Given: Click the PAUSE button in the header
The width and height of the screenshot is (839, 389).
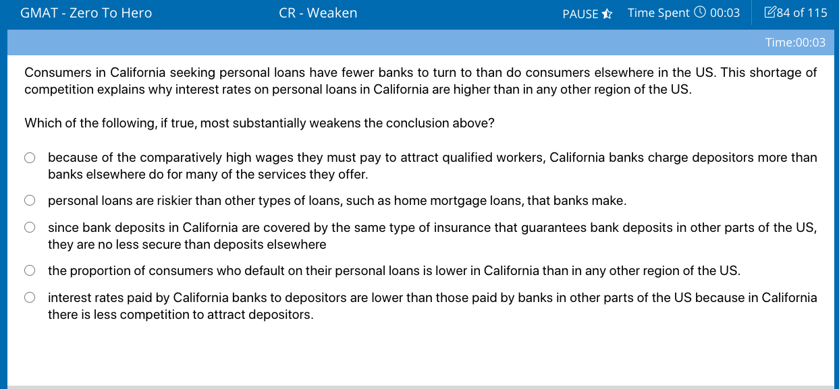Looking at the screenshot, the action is point(580,14).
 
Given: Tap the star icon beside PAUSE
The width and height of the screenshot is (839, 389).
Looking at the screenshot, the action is point(607,14).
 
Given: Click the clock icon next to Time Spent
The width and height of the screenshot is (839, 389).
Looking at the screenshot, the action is point(700,12).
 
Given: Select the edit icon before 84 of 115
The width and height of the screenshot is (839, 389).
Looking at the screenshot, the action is point(769,12).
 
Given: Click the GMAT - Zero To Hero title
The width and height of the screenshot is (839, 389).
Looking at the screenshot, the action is point(86,13).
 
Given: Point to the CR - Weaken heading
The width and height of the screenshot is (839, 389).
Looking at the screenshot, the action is point(318,13).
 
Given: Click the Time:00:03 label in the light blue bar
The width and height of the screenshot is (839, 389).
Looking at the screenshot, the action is point(795,42).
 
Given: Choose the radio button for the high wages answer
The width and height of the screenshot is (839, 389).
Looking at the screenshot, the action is point(30,158).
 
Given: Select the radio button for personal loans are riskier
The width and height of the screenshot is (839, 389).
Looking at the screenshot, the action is point(30,200).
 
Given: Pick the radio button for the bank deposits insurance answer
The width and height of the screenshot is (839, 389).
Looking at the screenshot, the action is point(30,227).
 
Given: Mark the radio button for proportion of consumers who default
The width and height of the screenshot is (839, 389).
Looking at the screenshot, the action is point(30,270).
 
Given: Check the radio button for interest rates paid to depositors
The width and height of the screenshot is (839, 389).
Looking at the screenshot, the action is point(30,297).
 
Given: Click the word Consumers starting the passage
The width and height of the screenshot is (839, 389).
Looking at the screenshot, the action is point(57,72).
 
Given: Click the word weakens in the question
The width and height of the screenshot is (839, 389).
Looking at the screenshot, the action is point(335,123).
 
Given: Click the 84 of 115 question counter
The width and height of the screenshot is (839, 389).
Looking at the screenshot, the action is point(802,13).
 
